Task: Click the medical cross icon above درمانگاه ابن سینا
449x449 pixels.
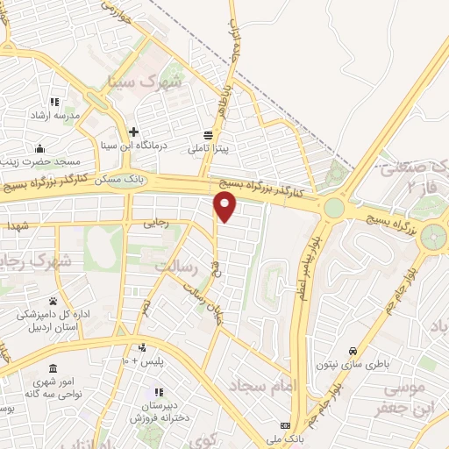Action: (x=133, y=132)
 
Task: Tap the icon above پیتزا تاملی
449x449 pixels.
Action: (x=208, y=135)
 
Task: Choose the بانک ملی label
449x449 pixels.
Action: (x=288, y=437)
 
